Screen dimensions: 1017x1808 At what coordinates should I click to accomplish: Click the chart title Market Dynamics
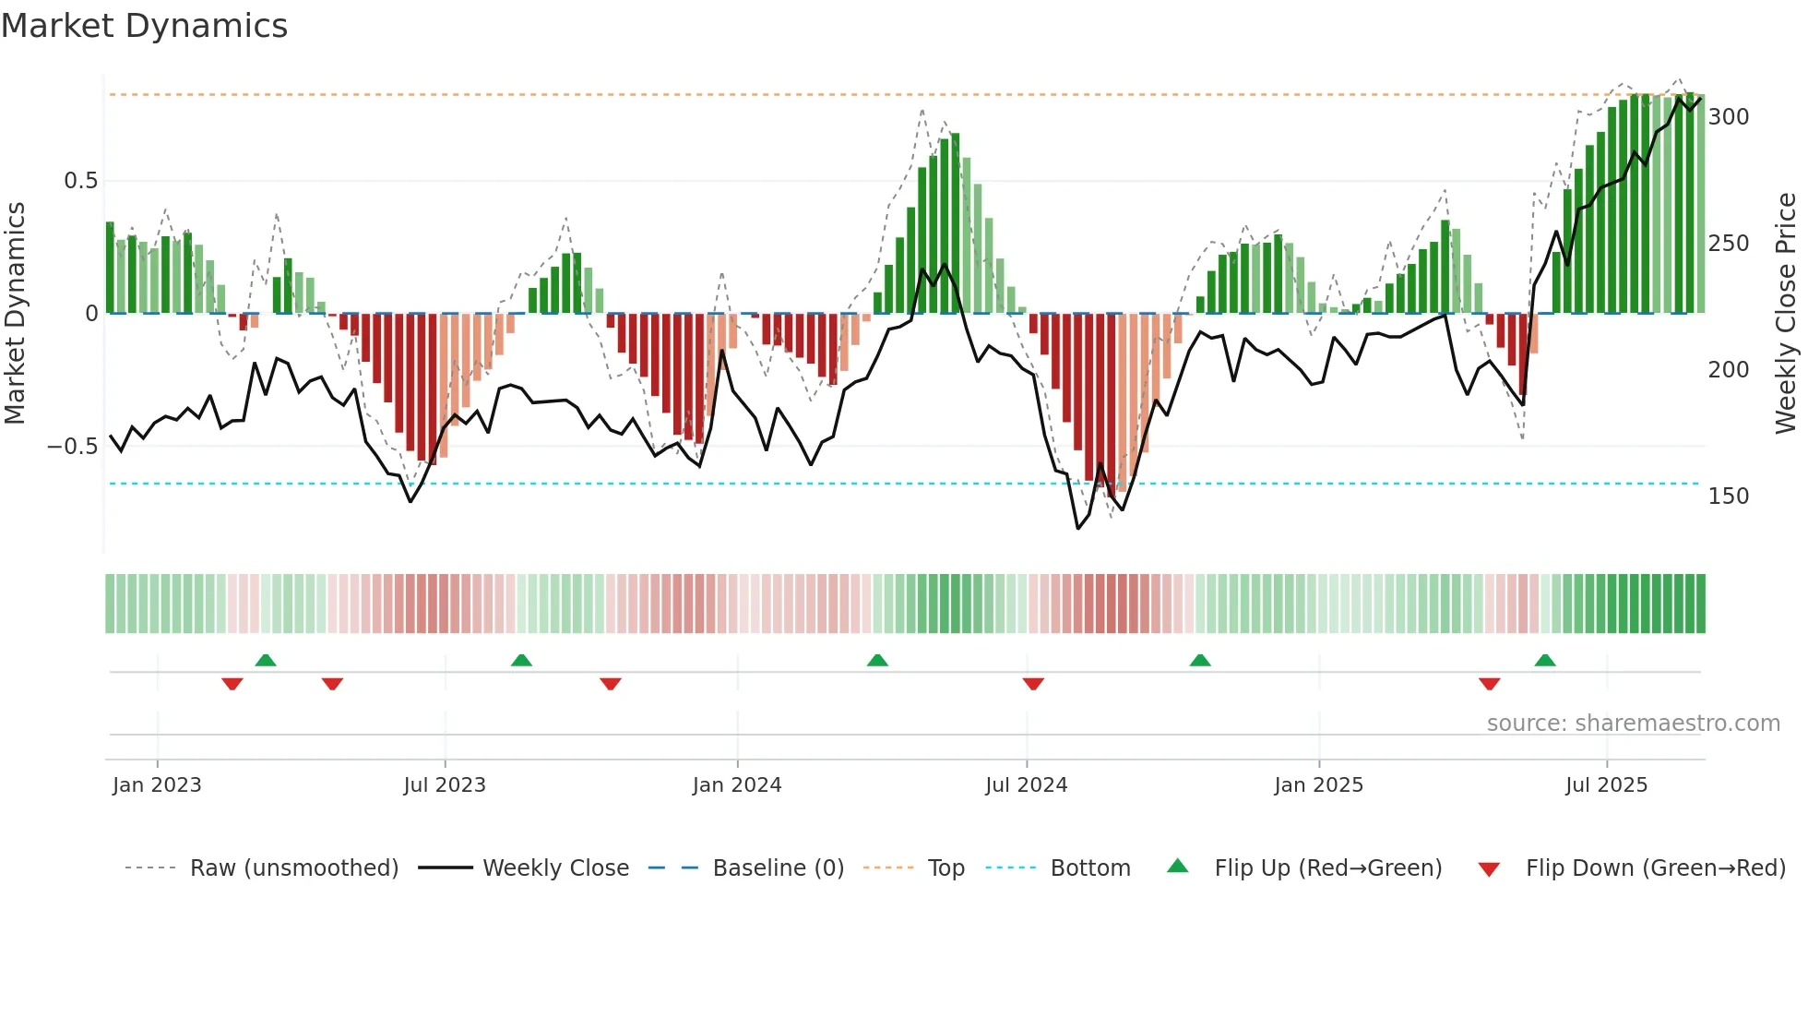pyautogui.click(x=145, y=26)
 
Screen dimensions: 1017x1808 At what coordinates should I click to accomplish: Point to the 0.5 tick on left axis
pyautogui.click(x=80, y=181)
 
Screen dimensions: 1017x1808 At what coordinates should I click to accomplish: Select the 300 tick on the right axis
pyautogui.click(x=1728, y=117)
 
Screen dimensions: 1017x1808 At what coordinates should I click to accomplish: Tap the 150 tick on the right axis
pyautogui.click(x=1728, y=497)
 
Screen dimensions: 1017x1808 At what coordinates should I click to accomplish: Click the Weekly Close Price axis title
pyautogui.click(x=1786, y=314)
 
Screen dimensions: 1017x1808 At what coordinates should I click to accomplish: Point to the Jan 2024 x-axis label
pyautogui.click(x=736, y=785)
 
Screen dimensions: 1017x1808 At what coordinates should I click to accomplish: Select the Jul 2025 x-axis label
pyautogui.click(x=1606, y=785)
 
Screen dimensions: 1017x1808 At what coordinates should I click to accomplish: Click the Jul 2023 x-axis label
pyautogui.click(x=445, y=785)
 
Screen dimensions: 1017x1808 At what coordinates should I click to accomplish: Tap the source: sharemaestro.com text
pyautogui.click(x=1633, y=724)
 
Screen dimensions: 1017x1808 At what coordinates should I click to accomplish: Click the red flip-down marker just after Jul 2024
pyautogui.click(x=1033, y=684)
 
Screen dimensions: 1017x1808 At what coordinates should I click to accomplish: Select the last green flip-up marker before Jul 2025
pyautogui.click(x=1545, y=660)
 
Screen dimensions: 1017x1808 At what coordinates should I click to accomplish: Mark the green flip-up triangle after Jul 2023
pyautogui.click(x=521, y=660)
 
